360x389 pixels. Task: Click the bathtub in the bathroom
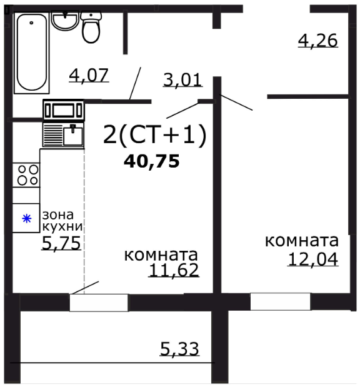pos(32,53)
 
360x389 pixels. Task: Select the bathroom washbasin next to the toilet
pos(64,21)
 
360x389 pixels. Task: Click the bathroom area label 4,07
pos(89,76)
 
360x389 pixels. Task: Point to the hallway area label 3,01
pos(182,80)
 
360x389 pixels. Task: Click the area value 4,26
pos(317,41)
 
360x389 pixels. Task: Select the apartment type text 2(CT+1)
pos(154,134)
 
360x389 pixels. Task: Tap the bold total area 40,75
pos(152,161)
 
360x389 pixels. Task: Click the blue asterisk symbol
pos(26,219)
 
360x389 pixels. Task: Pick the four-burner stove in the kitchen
pos(26,174)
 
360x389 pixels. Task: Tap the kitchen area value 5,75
pos(61,243)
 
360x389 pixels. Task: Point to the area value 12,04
pos(312,259)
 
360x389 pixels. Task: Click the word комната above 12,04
pos(302,241)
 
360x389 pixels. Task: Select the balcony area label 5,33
pos(179,349)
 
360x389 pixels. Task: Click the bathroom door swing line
pos(135,83)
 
